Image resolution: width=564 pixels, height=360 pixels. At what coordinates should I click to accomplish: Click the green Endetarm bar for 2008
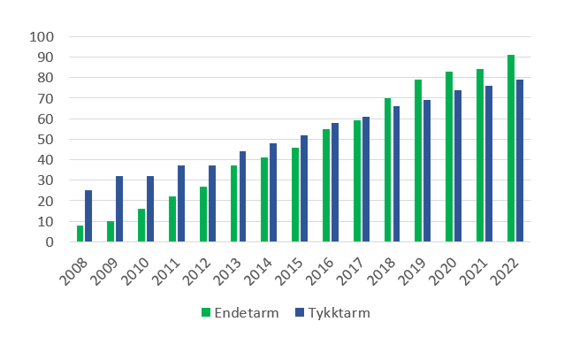coord(80,234)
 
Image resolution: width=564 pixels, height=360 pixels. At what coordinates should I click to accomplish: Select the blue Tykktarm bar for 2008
coord(88,216)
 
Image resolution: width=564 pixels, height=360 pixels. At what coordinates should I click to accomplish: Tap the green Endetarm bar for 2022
coord(511,149)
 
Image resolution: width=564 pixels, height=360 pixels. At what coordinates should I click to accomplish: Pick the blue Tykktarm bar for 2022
coord(520,161)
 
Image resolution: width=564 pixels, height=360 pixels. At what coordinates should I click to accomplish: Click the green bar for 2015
coord(296,195)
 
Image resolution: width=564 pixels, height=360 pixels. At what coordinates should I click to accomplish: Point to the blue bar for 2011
coord(181,203)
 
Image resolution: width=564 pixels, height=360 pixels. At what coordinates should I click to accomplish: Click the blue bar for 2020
coord(458,166)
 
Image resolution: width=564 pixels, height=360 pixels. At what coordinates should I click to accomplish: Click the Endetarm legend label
coord(241,312)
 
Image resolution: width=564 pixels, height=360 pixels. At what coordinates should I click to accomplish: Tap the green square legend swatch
coord(206,312)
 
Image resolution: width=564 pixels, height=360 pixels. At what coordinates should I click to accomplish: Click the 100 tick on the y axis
coord(42,37)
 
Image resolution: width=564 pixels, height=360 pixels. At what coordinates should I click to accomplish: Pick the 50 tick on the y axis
coord(45,140)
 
